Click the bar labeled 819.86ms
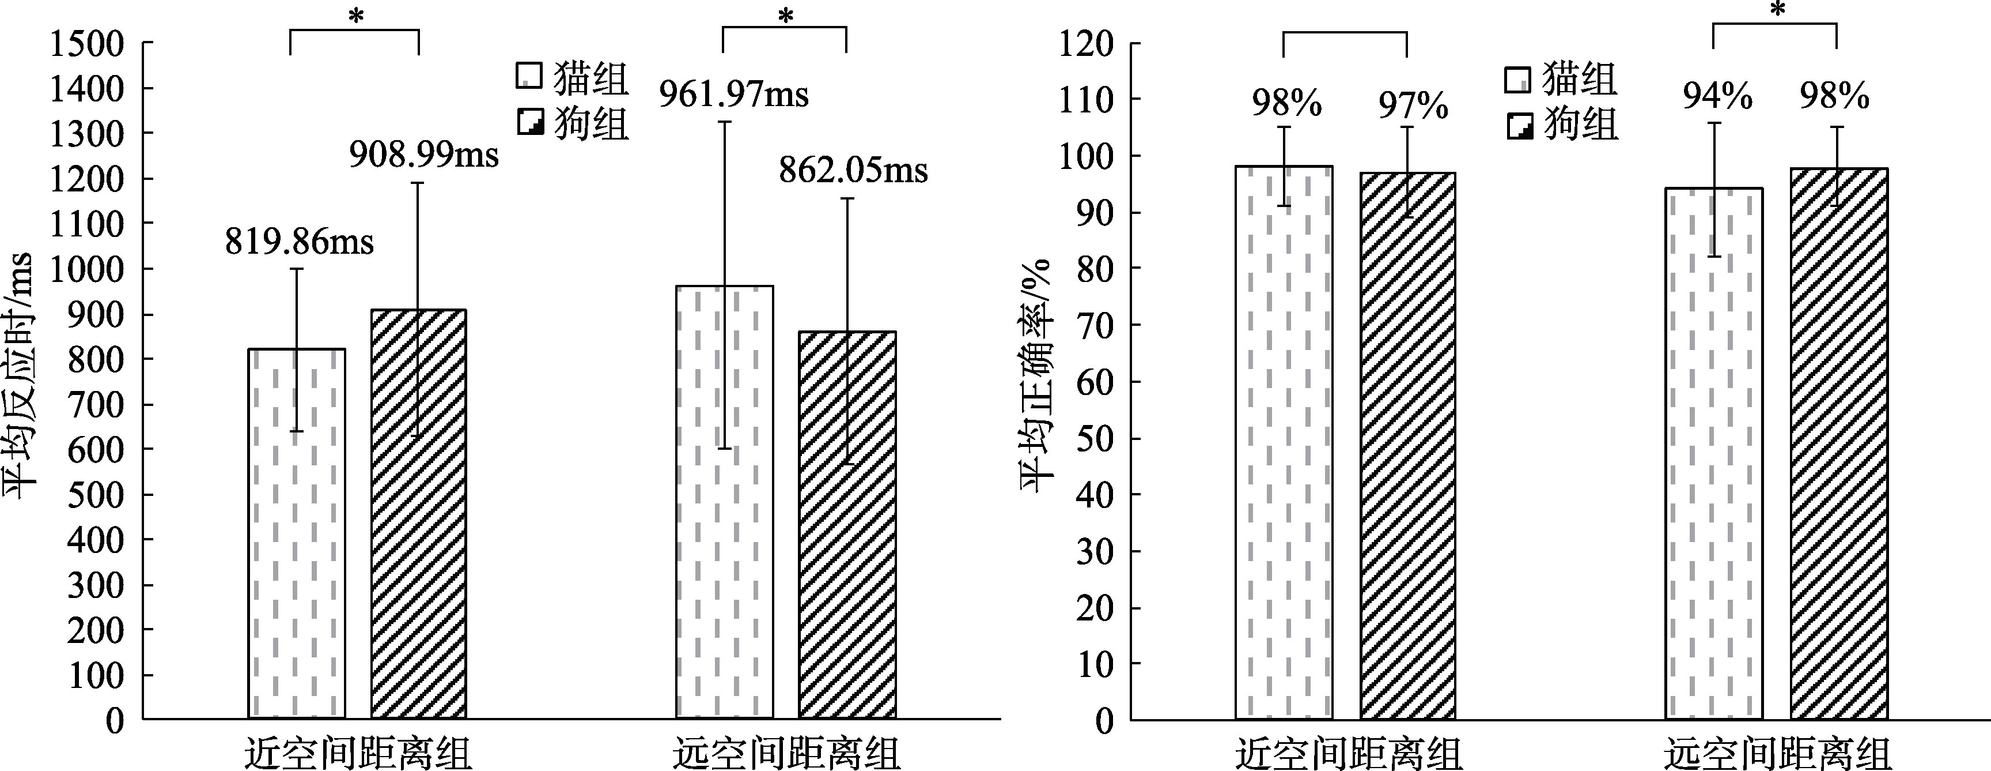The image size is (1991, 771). coord(297,533)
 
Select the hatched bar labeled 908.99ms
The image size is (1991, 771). coord(419,514)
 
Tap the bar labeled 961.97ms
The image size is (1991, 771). coord(725,503)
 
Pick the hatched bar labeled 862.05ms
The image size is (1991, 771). coord(847,526)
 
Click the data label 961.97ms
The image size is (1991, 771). coord(733,95)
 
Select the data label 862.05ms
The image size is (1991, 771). coord(853,171)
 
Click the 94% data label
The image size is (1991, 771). coord(1717,97)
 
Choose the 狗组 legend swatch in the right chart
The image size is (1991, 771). coord(1519,126)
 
